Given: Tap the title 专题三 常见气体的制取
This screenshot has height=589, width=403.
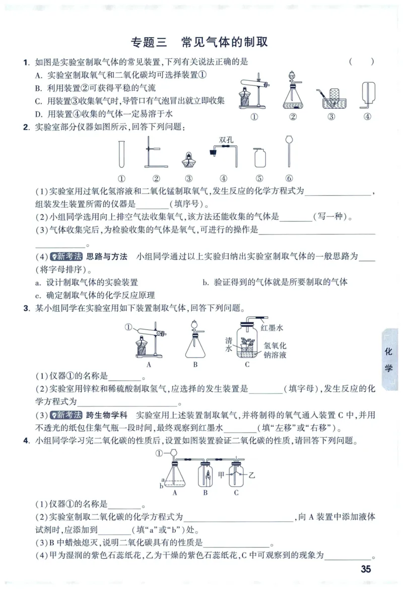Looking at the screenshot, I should point(199,42).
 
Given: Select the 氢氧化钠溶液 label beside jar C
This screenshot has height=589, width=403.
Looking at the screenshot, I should point(275,350).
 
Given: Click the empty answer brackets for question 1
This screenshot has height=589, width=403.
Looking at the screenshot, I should point(361,62).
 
